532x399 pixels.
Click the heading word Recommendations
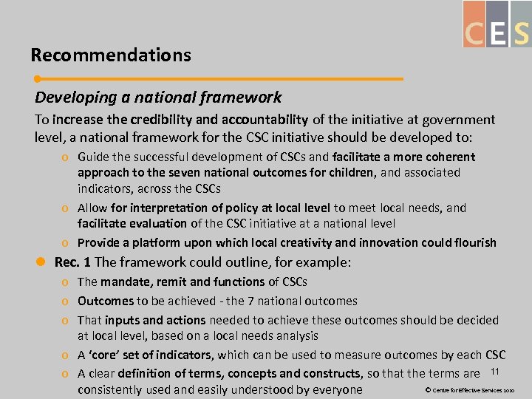[111, 55]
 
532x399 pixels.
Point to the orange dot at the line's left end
[38, 78]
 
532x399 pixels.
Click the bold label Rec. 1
[72, 262]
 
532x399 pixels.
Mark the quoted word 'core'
[105, 355]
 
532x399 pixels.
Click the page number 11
[496, 370]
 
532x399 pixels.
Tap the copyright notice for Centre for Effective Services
[468, 389]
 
